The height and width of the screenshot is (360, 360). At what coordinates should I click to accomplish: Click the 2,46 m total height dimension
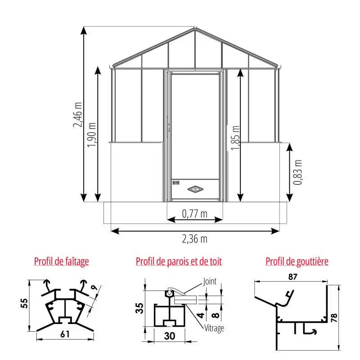point(77,115)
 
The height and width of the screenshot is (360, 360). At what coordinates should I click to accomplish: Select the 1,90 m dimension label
point(92,135)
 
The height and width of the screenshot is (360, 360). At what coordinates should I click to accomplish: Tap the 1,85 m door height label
point(235,138)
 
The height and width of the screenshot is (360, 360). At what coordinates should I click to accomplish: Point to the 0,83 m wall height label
point(298,172)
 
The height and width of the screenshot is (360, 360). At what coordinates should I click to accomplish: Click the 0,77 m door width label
point(195,214)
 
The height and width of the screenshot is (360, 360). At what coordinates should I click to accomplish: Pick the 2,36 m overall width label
point(195,239)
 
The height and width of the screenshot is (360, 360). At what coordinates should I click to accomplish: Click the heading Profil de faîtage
point(62,261)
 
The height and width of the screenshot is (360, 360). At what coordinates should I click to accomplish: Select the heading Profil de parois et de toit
point(179,261)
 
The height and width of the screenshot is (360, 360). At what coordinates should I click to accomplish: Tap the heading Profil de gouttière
point(297,261)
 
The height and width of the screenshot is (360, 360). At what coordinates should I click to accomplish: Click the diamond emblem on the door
point(195,189)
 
